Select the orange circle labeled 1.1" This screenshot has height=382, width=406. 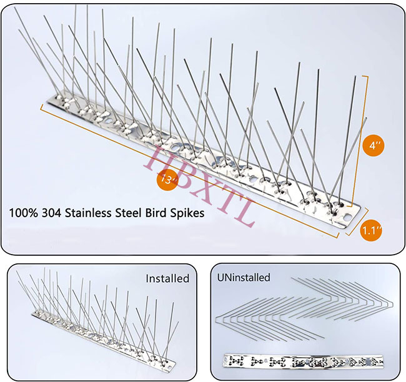coord(373,231)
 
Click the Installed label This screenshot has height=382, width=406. coord(167,278)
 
